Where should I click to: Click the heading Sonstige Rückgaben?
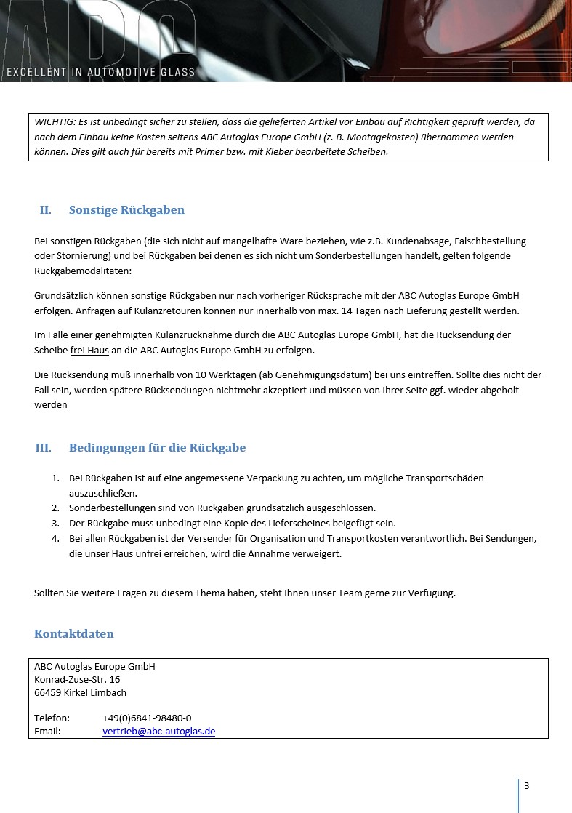[126, 210]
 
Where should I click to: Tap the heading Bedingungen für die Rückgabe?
[157, 448]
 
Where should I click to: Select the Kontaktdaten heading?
[74, 634]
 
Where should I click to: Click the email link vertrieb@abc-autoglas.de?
[158, 732]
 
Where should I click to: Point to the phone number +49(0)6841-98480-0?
[147, 718]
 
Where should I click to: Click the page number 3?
[526, 785]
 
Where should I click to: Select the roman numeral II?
[45, 210]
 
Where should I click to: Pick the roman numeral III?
[43, 448]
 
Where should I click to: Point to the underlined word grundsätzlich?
[275, 508]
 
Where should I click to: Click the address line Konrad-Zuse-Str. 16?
[77, 679]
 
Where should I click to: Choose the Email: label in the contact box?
[48, 732]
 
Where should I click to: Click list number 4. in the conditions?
[55, 539]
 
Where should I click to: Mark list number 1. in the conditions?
[55, 478]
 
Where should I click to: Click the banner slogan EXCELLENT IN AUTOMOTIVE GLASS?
[100, 73]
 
